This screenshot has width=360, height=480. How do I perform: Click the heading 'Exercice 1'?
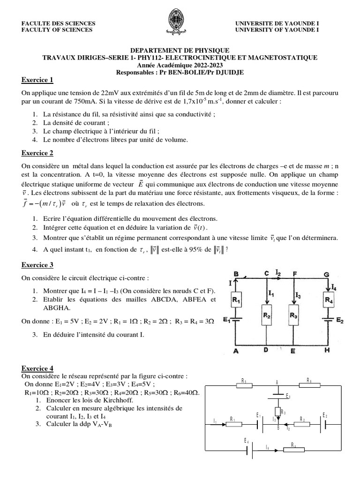click(38, 79)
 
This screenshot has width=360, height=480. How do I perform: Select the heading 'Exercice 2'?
click(38, 153)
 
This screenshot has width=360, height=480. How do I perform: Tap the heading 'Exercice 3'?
click(38, 265)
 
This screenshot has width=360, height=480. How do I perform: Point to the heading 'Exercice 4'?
click(38, 368)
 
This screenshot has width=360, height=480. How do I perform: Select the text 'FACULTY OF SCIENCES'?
click(57, 30)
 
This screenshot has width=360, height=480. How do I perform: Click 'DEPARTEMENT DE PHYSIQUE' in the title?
click(180, 50)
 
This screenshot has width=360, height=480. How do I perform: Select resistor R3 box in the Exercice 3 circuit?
click(293, 315)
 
